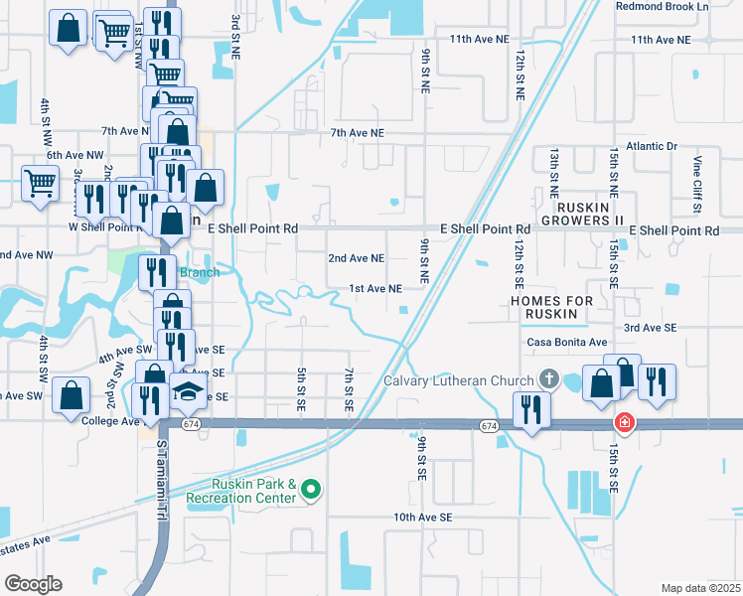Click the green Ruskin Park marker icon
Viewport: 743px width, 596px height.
(311, 488)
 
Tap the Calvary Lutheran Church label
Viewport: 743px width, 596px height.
(459, 379)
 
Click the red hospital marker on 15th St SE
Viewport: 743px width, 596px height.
(624, 422)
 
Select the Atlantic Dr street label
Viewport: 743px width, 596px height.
(645, 146)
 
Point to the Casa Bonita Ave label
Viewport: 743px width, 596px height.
(566, 343)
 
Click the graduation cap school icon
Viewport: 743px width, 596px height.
(188, 392)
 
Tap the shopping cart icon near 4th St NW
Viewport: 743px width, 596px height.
(40, 183)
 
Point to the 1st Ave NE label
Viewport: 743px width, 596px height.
(374, 288)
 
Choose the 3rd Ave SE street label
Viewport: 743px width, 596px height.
(650, 327)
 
